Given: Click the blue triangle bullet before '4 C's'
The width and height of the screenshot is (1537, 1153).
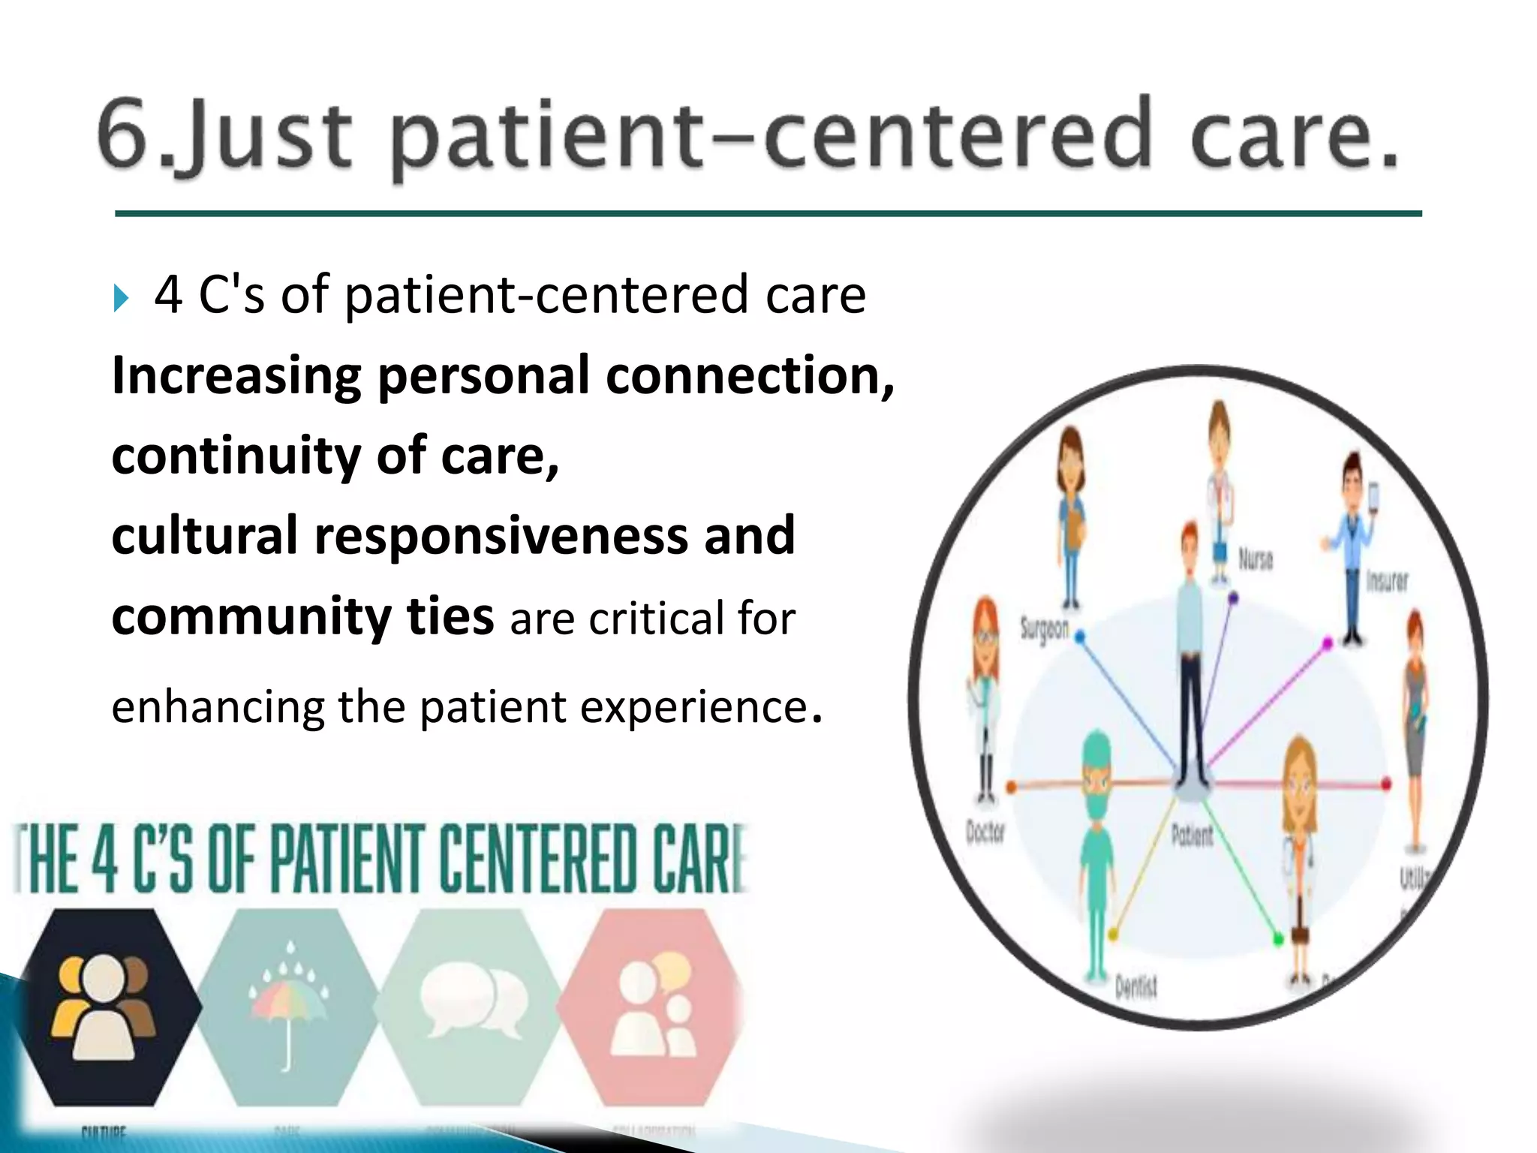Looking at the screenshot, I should tap(122, 298).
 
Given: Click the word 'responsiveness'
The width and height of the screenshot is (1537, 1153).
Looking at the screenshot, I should tap(501, 535).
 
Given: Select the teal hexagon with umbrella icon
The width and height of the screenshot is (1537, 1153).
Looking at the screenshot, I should tap(288, 1006).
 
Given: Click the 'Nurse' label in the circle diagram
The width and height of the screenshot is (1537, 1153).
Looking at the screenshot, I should tap(1255, 559).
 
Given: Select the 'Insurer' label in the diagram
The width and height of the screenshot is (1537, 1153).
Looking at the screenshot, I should tap(1386, 580).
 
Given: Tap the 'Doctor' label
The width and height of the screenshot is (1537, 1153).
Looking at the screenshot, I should tap(985, 832).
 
